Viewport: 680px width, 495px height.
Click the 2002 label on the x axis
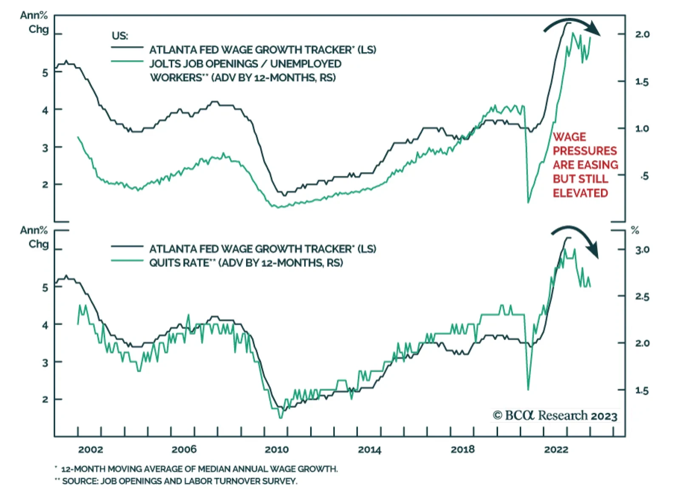(x=91, y=450)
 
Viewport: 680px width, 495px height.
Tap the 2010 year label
(x=277, y=450)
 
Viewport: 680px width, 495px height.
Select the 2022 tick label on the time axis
(x=556, y=450)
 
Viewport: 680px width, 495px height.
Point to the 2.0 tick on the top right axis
(x=642, y=34)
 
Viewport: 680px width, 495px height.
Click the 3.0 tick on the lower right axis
(x=642, y=250)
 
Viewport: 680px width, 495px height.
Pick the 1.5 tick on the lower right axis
(x=642, y=390)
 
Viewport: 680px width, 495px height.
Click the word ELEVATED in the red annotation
(x=580, y=193)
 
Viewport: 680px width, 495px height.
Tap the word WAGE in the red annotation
(x=569, y=137)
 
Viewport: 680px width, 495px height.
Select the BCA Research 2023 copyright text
(x=555, y=416)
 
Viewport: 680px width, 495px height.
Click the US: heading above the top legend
(x=119, y=36)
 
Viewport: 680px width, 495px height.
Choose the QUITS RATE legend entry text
(x=246, y=263)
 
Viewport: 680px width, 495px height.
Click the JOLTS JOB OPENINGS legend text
(x=245, y=64)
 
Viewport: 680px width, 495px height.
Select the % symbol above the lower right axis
(x=635, y=230)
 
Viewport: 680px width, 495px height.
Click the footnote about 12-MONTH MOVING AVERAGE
(x=199, y=469)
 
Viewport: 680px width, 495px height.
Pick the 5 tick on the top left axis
(x=45, y=73)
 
